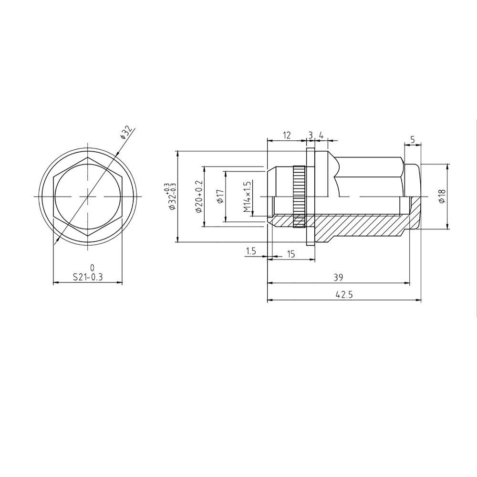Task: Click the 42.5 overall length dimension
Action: pos(344,294)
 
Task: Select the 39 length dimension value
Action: pos(338,278)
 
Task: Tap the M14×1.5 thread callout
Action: pos(247,197)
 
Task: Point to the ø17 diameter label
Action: pos(220,196)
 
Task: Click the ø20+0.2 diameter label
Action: pos(199,197)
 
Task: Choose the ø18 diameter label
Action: pos(442,196)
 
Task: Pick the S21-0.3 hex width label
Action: pos(88,277)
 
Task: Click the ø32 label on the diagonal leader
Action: pos(126,133)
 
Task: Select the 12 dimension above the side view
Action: pos(286,135)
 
